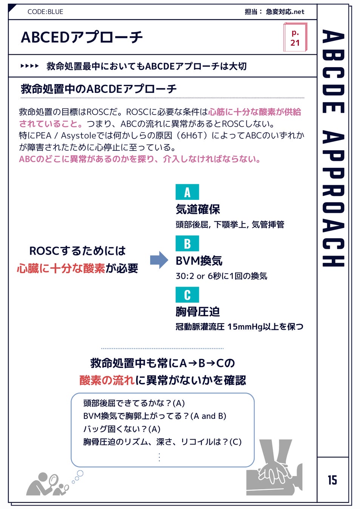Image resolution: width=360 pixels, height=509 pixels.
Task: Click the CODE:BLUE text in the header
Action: [x=45, y=12]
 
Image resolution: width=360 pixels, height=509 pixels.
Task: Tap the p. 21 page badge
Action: [x=295, y=37]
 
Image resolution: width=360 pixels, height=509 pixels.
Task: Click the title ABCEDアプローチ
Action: [x=82, y=37]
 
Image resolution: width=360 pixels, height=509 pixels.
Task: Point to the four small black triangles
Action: [x=30, y=66]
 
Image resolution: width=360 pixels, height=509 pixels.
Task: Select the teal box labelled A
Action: [x=187, y=192]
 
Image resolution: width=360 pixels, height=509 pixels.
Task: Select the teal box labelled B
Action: [x=187, y=244]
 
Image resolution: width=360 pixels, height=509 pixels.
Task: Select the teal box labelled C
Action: [x=187, y=295]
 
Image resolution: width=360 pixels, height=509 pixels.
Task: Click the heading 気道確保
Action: [x=198, y=209]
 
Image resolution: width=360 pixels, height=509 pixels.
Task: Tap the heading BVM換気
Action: [x=199, y=261]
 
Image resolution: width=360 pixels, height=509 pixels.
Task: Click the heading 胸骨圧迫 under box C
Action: [x=198, y=311]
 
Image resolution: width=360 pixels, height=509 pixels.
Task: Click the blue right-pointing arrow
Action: [x=159, y=260]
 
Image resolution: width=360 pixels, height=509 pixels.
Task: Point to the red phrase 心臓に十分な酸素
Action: [x=61, y=268]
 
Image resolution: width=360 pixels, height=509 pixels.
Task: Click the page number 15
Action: [x=332, y=480]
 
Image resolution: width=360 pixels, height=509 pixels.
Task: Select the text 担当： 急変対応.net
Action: [x=274, y=12]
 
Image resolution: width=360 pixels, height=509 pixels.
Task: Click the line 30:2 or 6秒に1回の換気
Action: [x=221, y=276]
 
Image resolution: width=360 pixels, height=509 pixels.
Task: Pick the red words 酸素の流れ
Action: [x=107, y=380]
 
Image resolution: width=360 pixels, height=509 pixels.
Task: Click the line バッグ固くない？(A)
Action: [x=122, y=429]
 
